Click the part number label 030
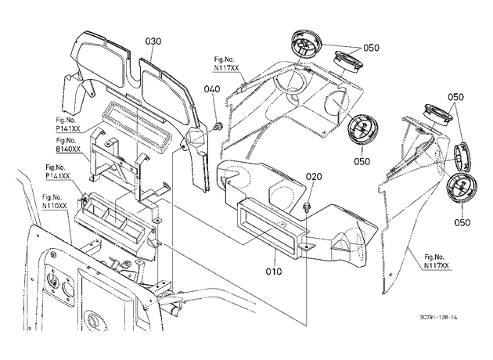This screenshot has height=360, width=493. click(153, 41)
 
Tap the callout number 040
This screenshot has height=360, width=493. click(212, 89)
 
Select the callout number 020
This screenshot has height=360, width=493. click(314, 177)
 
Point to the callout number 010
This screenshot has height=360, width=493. click(274, 271)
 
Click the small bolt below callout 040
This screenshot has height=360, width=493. click(217, 127)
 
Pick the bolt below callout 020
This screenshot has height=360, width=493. click(306, 207)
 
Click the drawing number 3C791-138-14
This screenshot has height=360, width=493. click(438, 317)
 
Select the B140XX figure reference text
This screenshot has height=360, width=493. click(68, 149)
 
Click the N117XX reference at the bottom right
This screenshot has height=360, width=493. click(437, 265)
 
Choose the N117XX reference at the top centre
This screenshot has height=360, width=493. click(225, 68)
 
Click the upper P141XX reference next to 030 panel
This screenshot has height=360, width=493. click(68, 129)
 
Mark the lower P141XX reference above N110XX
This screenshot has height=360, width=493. click(58, 176)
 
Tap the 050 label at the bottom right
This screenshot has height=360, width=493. click(462, 222)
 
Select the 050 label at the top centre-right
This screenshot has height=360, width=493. click(372, 48)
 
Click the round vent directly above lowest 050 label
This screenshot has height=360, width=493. click(462, 188)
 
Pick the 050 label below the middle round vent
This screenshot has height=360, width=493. click(362, 161)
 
